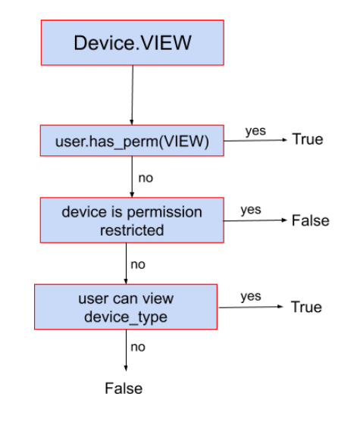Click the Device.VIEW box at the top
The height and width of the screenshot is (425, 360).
[132, 42]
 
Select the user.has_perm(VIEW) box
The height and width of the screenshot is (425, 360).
[132, 140]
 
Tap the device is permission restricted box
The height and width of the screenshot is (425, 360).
[132, 220]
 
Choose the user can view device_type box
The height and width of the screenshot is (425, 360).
[126, 306]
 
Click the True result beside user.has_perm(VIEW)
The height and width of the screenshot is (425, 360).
[307, 139]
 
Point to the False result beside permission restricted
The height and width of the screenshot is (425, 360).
[310, 220]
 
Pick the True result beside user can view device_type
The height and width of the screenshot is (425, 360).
[305, 307]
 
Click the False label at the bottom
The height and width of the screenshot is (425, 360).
[124, 389]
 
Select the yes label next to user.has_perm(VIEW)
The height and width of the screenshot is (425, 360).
[255, 131]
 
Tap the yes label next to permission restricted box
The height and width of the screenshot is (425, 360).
[251, 210]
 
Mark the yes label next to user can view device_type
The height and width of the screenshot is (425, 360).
[251, 296]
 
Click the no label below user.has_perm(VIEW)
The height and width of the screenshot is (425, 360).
[146, 179]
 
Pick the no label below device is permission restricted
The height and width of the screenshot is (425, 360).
[138, 264]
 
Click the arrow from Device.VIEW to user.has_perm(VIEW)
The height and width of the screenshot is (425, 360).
[132, 95]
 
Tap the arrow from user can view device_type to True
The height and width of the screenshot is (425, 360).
[250, 308]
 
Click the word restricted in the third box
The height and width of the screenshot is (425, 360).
[132, 230]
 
